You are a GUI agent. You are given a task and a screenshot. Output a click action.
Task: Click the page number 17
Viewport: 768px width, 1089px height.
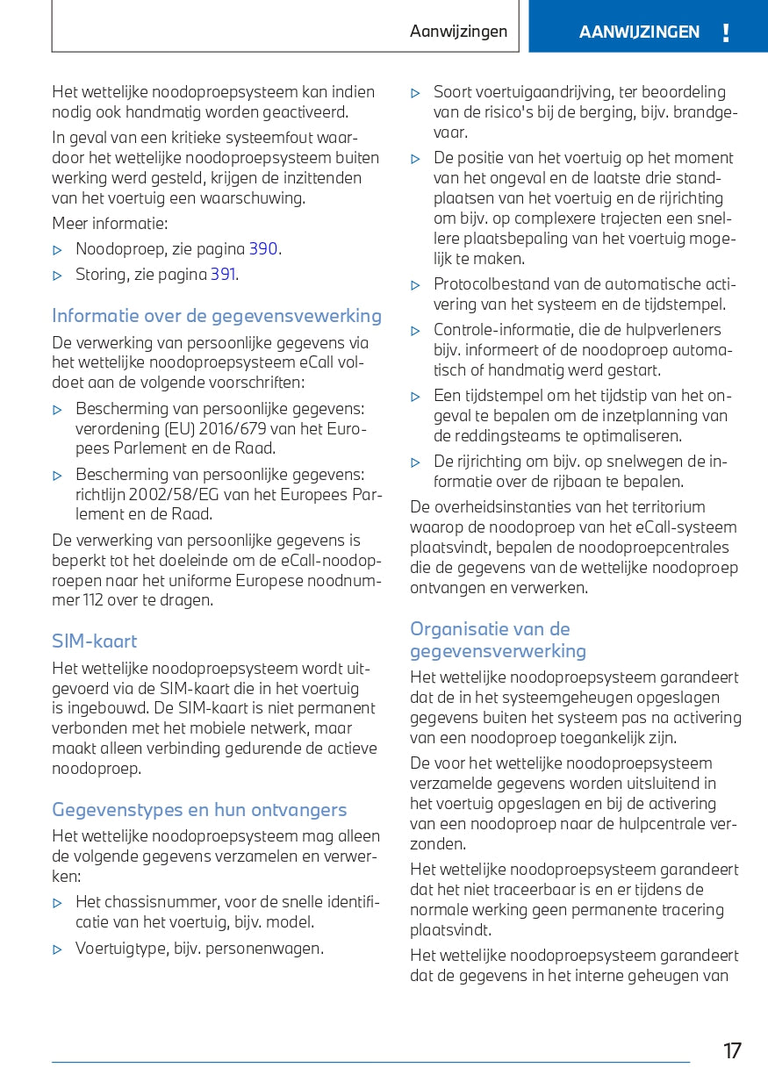click(732, 1050)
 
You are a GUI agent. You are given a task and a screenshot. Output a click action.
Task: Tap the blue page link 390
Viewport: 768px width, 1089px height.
click(263, 248)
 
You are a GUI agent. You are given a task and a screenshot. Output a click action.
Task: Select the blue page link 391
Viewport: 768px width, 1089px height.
click(223, 275)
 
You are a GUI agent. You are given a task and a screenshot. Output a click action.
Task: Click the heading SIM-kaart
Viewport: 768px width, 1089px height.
click(95, 641)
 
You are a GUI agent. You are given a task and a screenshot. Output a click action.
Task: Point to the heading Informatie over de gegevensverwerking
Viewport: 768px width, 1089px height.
click(217, 316)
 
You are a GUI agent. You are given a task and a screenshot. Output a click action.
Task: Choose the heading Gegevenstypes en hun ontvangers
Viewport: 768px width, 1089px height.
click(199, 810)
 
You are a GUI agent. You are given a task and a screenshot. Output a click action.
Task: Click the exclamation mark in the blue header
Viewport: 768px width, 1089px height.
click(726, 33)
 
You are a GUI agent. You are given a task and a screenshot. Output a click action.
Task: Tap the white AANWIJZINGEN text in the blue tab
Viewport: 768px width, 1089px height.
click(639, 32)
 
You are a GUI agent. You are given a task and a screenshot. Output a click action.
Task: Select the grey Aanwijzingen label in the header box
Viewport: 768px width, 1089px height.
click(458, 32)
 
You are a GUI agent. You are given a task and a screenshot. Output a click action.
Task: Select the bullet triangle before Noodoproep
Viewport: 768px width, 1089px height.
click(58, 250)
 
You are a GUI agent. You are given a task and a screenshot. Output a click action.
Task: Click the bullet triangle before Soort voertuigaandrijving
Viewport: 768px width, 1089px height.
click(416, 93)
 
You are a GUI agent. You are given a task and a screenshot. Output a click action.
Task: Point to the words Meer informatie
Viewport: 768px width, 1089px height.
click(110, 223)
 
